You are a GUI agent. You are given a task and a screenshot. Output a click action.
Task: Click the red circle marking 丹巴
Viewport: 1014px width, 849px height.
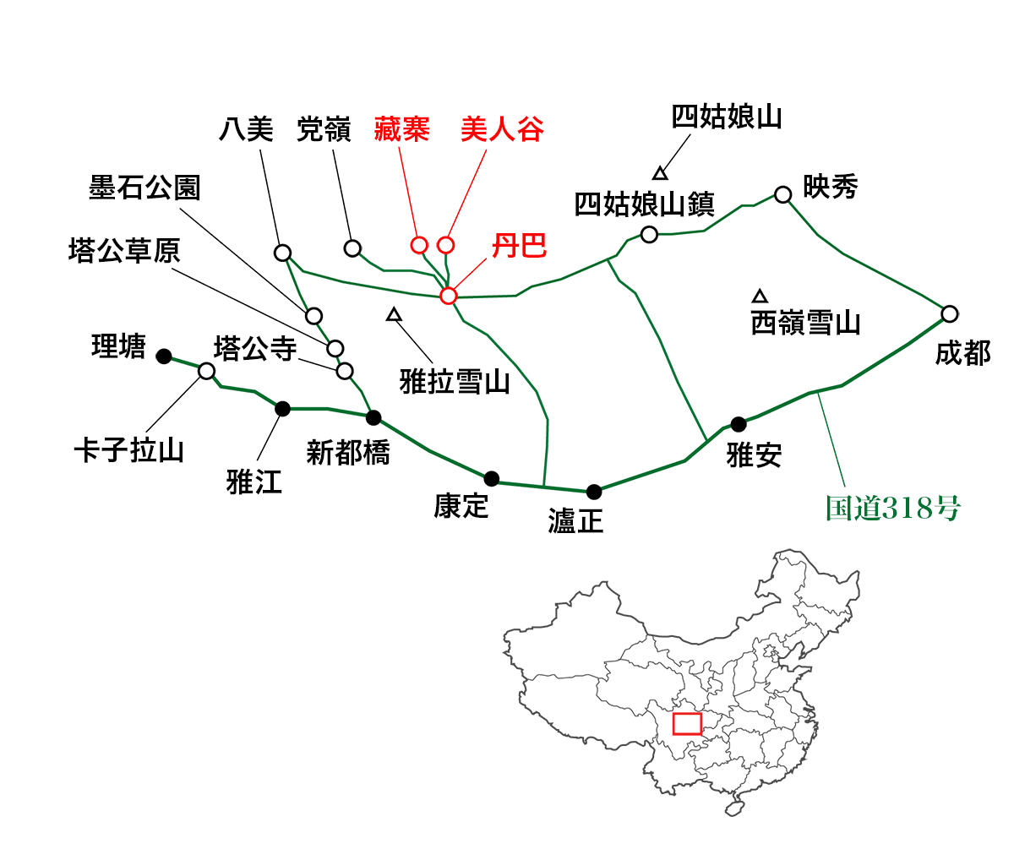tap(448, 295)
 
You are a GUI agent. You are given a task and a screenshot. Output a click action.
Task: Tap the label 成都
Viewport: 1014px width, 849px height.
tap(962, 353)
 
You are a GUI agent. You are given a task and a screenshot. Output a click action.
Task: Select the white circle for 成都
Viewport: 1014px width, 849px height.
tap(950, 314)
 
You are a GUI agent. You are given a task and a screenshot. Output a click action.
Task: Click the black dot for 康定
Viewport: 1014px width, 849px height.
tap(492, 479)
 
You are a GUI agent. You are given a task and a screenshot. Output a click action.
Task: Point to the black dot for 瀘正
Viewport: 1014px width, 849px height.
tap(594, 492)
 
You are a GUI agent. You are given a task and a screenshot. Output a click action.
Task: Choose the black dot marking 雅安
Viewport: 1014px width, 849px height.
tap(739, 424)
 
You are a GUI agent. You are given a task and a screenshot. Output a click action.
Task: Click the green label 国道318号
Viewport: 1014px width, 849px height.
tap(892, 509)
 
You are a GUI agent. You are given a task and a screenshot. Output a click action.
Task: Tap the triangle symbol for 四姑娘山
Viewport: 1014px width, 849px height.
tap(659, 173)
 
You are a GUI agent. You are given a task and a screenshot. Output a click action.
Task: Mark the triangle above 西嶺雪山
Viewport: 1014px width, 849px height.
tap(760, 297)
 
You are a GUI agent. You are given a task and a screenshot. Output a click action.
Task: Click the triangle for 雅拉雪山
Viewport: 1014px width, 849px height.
tap(394, 315)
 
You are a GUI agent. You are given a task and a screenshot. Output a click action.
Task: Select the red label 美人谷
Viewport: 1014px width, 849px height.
tap(502, 129)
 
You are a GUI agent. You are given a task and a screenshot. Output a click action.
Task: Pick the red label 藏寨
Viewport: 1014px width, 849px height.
tap(401, 129)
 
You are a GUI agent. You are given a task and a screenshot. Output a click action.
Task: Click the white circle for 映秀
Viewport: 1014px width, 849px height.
tap(782, 194)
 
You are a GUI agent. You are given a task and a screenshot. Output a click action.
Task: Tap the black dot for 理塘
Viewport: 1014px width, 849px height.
tap(164, 356)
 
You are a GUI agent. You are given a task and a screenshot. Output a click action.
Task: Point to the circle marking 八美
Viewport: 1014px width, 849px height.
tap(282, 253)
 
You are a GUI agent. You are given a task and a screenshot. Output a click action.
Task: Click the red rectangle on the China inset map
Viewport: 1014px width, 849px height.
tap(687, 724)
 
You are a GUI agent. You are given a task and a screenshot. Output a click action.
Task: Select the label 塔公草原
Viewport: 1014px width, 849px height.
tap(124, 251)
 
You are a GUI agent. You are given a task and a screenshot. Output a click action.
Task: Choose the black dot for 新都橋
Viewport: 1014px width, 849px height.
tap(373, 417)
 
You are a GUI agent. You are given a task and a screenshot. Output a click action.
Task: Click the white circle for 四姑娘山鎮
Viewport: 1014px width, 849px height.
tap(649, 235)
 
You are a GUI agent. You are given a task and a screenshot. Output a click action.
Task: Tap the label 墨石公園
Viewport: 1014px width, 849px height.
tap(144, 188)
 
